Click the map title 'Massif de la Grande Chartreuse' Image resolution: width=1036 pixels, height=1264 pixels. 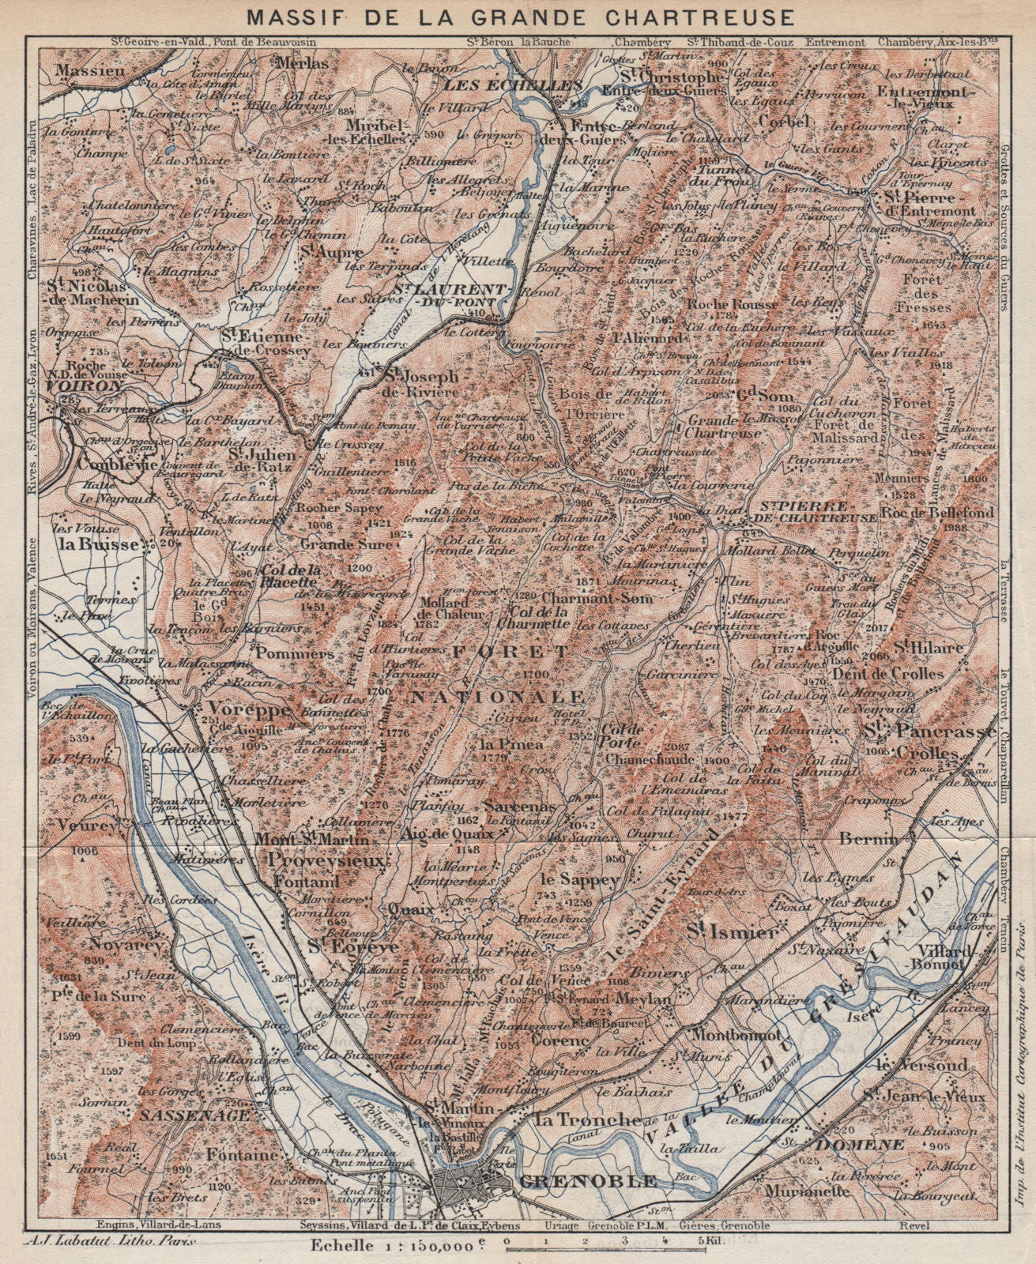coord(518,15)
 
